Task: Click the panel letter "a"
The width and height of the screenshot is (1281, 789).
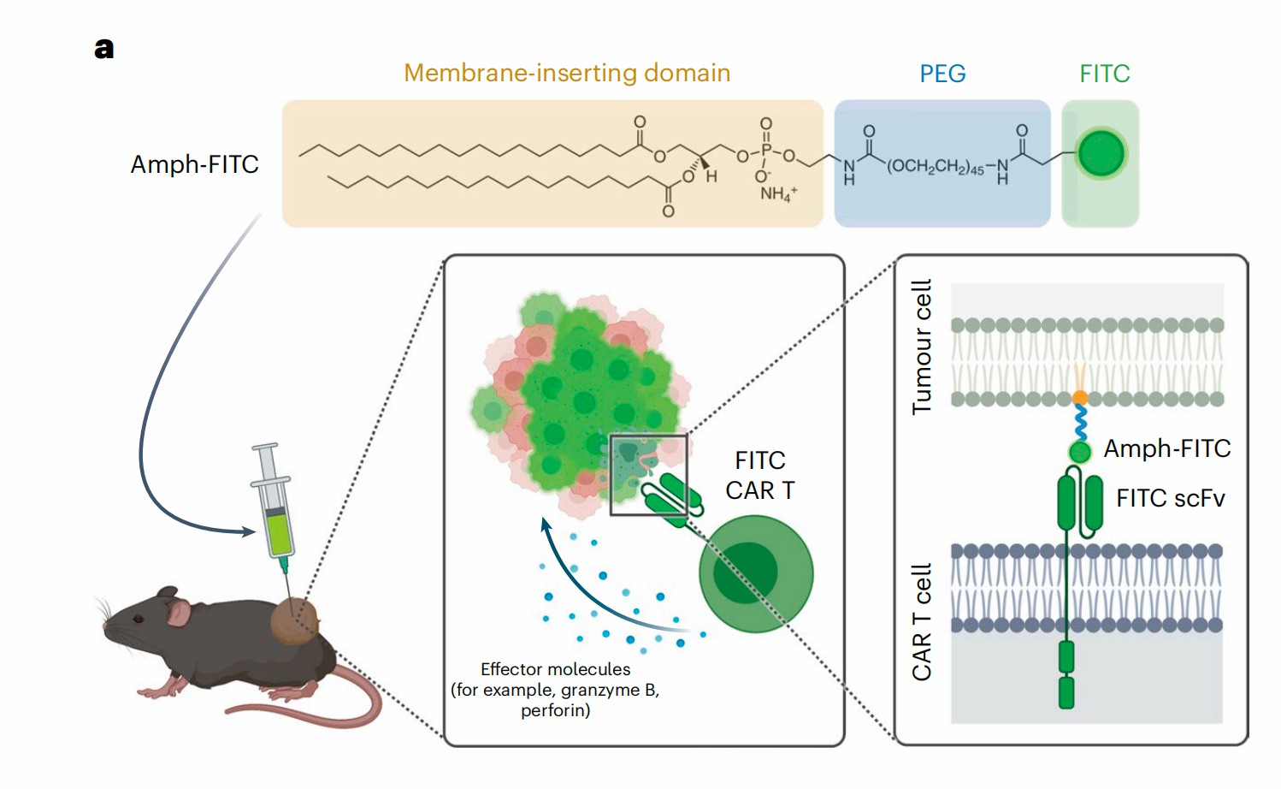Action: (x=103, y=49)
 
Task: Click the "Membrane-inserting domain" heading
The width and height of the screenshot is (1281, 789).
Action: (x=567, y=74)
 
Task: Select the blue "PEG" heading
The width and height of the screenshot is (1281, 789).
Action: (x=942, y=74)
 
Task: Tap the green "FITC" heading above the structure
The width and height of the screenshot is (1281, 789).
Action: (x=1104, y=74)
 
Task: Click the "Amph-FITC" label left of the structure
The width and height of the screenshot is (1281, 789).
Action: (x=194, y=164)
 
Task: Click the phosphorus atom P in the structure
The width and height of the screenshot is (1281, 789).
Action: (x=766, y=151)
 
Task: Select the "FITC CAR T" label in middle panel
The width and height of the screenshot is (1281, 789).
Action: (x=760, y=476)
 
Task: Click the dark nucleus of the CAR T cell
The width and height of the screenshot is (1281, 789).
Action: (x=746, y=572)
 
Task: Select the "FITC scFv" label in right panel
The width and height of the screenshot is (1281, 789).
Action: (x=1170, y=498)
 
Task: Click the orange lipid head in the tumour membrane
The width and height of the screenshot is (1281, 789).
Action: (x=1080, y=398)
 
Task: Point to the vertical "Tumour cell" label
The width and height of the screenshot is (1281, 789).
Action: (x=922, y=347)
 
